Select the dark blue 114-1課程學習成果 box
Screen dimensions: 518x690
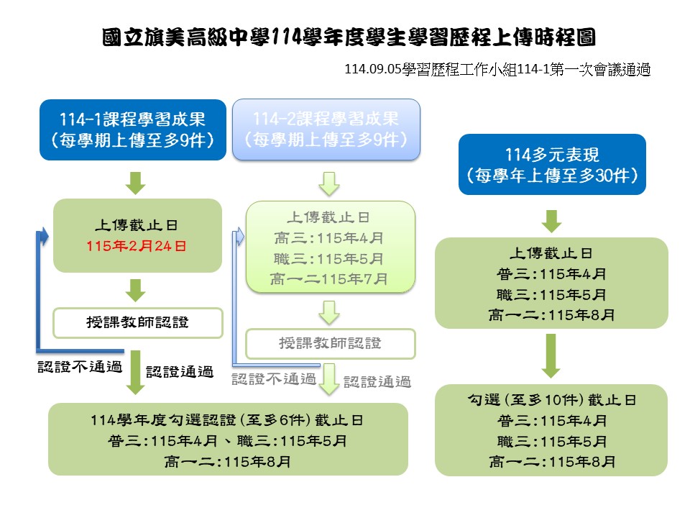click(x=134, y=129)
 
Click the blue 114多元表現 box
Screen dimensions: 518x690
click(x=552, y=164)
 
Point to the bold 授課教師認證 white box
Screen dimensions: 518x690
click(x=137, y=322)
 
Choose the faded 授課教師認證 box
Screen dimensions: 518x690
click(x=331, y=343)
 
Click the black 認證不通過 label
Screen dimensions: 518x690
click(x=80, y=367)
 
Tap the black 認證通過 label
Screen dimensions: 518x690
click(x=180, y=372)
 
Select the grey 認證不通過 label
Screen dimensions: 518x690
click(x=274, y=379)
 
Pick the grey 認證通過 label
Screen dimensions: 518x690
click(x=377, y=381)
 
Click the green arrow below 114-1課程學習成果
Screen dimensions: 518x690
click(x=135, y=182)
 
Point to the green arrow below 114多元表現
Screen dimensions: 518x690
click(x=551, y=220)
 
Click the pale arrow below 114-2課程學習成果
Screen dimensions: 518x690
click(x=329, y=185)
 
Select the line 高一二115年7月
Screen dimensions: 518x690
click(x=331, y=278)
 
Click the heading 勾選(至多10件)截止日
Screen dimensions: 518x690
click(x=551, y=400)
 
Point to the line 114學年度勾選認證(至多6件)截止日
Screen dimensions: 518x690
click(x=226, y=419)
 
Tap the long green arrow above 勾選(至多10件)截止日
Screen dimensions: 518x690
click(x=551, y=355)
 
